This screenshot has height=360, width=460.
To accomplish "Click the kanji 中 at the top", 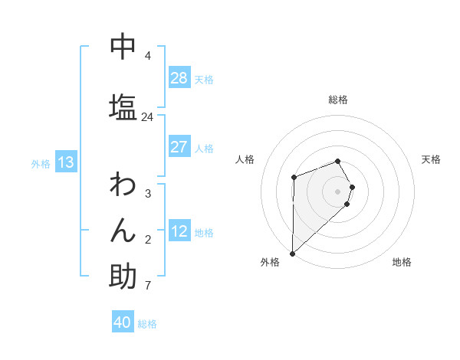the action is (x=123, y=47).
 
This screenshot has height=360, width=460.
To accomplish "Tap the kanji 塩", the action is (x=123, y=106).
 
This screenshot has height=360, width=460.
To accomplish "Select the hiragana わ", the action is (x=123, y=185).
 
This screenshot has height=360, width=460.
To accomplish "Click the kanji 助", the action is (x=123, y=276).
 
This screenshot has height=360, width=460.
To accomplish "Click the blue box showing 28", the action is (x=179, y=78).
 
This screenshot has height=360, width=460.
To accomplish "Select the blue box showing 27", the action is (x=179, y=147).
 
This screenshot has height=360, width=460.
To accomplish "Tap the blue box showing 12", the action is (x=179, y=232).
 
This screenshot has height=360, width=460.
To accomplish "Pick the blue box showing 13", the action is (x=66, y=162).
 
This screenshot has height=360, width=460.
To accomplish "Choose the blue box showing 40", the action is (x=123, y=323).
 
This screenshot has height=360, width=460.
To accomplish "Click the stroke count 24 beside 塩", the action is (x=147, y=117).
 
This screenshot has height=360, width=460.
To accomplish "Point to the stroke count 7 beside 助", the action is (x=147, y=286).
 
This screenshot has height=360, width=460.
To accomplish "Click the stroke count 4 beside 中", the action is (x=147, y=56).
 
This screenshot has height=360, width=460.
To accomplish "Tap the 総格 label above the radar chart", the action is (x=338, y=100).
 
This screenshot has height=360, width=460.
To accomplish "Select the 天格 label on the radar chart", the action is (x=431, y=159).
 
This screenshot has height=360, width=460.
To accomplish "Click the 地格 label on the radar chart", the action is (x=402, y=262).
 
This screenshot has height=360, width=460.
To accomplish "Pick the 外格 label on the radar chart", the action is (x=270, y=262).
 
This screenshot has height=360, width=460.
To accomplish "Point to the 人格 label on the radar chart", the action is (x=245, y=159).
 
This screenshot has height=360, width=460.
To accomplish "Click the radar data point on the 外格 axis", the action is (x=292, y=253).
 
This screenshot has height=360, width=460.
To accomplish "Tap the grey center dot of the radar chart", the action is (x=338, y=191).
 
